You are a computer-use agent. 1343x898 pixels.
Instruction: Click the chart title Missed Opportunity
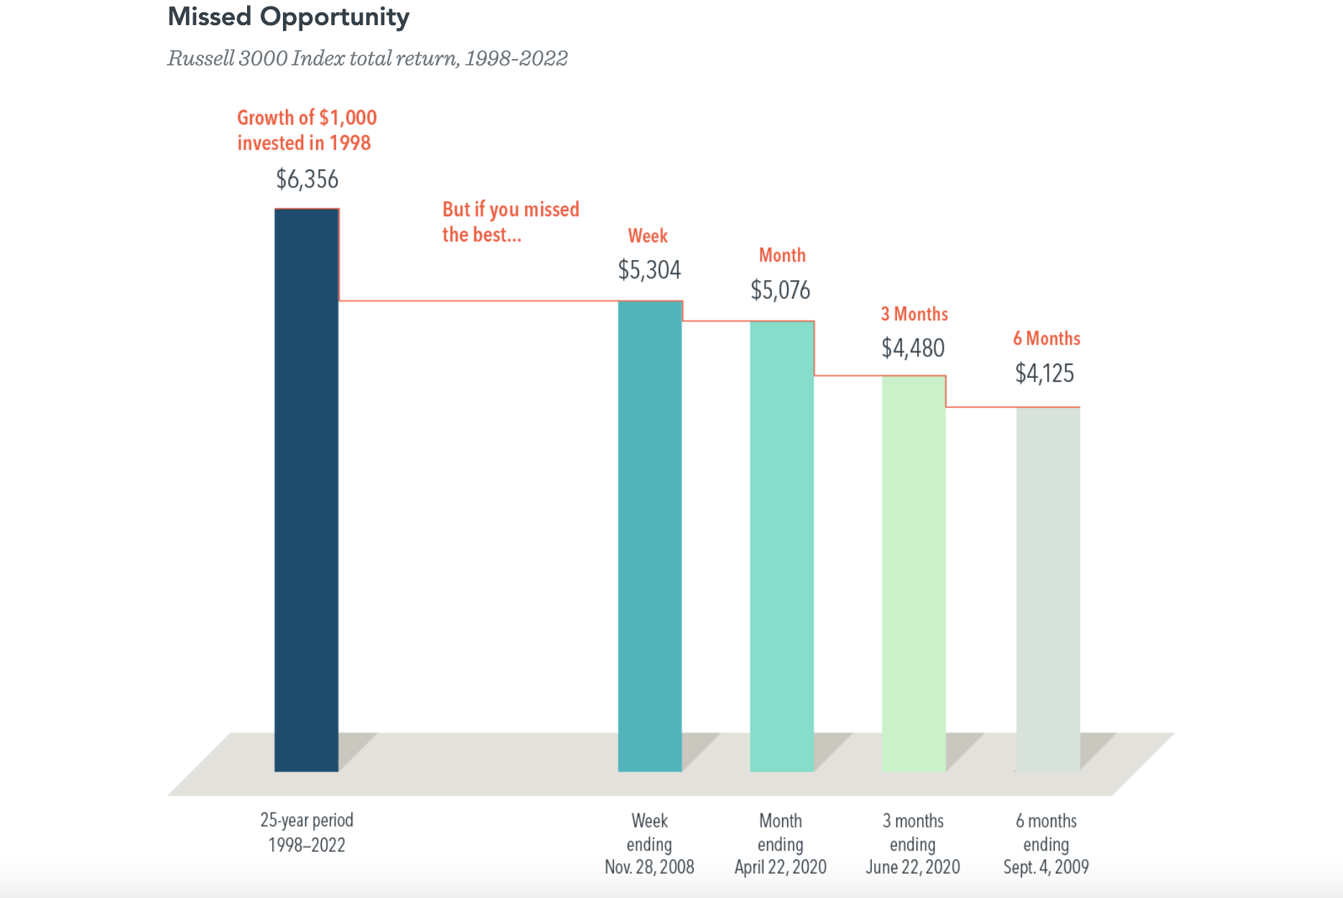288,17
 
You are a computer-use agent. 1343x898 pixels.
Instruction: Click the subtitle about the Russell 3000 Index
368,58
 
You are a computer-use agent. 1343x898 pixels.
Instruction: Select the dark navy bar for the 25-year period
307,490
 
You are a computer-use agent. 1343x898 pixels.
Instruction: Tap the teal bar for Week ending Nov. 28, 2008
650,536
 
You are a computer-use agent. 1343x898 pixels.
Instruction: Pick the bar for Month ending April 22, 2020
782,546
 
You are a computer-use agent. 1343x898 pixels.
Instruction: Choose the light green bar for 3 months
914,573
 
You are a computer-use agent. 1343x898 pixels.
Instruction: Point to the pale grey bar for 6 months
1048,589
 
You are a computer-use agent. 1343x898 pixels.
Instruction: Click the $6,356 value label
307,179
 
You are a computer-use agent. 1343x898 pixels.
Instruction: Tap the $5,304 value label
649,270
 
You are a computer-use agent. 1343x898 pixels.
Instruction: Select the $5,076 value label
781,290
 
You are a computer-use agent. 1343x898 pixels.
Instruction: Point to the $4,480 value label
913,348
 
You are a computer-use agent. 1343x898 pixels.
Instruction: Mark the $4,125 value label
1045,374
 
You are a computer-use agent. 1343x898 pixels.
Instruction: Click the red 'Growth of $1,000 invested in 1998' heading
307,130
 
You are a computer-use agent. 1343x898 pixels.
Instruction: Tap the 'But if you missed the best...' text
511,222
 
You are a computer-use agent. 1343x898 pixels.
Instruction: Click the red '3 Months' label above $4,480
914,314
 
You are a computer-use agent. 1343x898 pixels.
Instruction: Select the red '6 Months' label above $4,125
1046,338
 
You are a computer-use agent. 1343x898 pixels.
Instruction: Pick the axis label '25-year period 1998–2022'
307,833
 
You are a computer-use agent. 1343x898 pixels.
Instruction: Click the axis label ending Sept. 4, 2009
1046,844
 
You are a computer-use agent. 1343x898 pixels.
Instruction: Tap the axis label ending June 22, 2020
913,844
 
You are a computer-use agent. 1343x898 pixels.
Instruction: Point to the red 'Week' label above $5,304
648,236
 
